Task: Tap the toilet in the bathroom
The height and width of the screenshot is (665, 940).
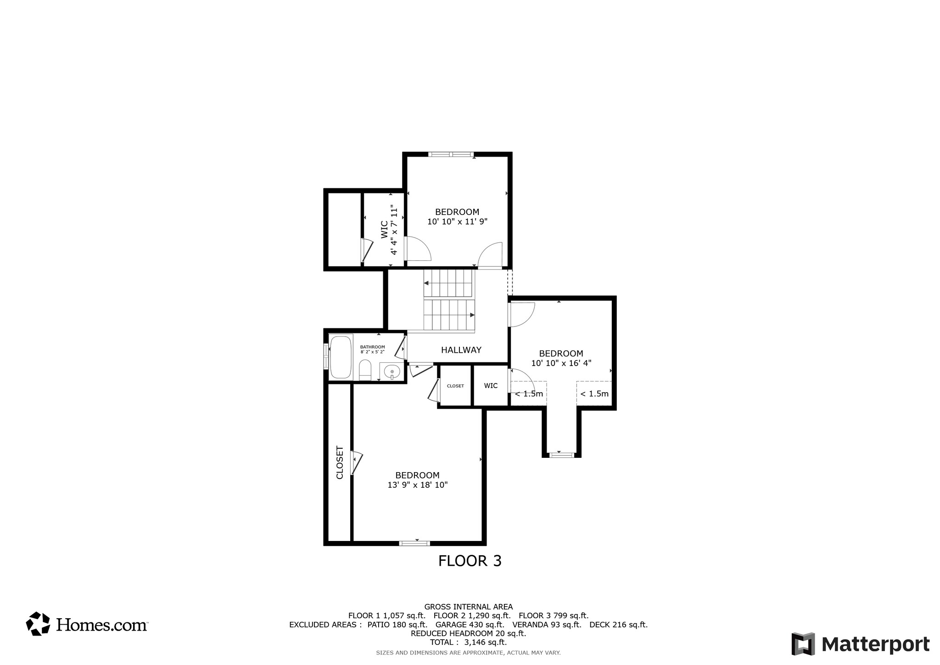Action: tap(365, 370)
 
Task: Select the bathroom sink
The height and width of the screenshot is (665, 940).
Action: tap(392, 371)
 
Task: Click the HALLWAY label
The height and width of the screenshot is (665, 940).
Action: tap(461, 350)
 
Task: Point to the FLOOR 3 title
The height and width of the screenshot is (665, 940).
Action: tap(470, 561)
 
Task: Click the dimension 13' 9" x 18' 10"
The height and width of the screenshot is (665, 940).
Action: tap(417, 485)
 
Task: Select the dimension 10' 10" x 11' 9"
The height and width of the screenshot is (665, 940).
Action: tap(457, 221)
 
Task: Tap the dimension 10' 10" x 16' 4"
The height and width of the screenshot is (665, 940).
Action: tap(561, 363)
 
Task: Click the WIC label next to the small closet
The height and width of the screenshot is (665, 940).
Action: tap(491, 386)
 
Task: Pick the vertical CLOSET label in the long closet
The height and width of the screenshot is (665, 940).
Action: tap(340, 462)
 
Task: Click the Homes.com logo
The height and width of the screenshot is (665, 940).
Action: tap(87, 624)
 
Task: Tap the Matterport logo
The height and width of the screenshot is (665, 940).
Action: tap(860, 644)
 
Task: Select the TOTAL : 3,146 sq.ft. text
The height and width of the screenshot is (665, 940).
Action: tap(468, 642)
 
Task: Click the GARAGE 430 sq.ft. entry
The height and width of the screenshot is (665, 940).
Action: tap(470, 625)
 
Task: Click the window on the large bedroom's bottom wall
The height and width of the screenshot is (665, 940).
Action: tap(414, 543)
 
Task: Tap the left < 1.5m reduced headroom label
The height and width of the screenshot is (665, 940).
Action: tap(529, 394)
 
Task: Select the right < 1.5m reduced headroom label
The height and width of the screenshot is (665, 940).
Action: tap(594, 394)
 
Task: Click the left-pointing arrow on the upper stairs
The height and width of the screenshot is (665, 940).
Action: tap(426, 283)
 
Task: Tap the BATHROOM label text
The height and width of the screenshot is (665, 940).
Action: tap(372, 347)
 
